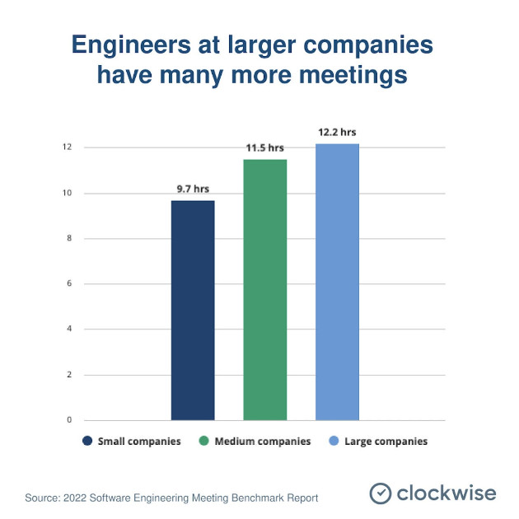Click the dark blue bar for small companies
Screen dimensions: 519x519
point(193,311)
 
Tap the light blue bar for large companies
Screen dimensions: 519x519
point(337,282)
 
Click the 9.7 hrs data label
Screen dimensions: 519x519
point(193,189)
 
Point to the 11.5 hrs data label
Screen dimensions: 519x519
point(264,147)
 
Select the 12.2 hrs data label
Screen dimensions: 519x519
point(337,132)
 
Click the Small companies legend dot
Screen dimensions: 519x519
point(86,442)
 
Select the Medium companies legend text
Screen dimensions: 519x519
point(262,442)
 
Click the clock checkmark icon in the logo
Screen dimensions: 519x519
point(380,493)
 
